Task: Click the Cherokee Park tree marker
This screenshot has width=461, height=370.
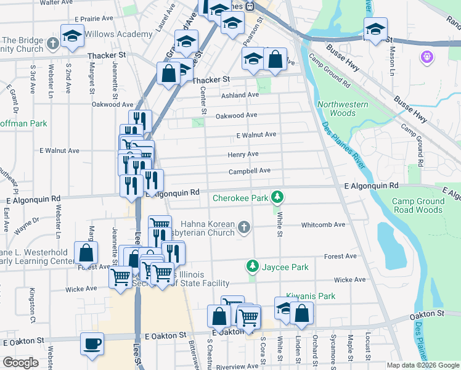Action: click(278, 197)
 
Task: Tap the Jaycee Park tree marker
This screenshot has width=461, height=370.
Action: click(252, 266)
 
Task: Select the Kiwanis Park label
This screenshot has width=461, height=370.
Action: click(311, 296)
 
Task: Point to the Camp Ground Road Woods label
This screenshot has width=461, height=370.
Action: click(418, 205)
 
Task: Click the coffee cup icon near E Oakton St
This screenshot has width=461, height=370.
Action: click(92, 343)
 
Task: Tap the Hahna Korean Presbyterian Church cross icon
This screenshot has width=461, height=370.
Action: click(244, 228)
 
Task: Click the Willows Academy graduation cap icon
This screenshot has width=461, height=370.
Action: click(72, 36)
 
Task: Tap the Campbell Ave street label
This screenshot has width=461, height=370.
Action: click(250, 171)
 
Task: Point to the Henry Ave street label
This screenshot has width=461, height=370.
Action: click(243, 154)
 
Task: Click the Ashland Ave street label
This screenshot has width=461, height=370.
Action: click(241, 95)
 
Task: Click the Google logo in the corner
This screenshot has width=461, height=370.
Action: click(21, 362)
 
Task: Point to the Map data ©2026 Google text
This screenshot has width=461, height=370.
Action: click(423, 365)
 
